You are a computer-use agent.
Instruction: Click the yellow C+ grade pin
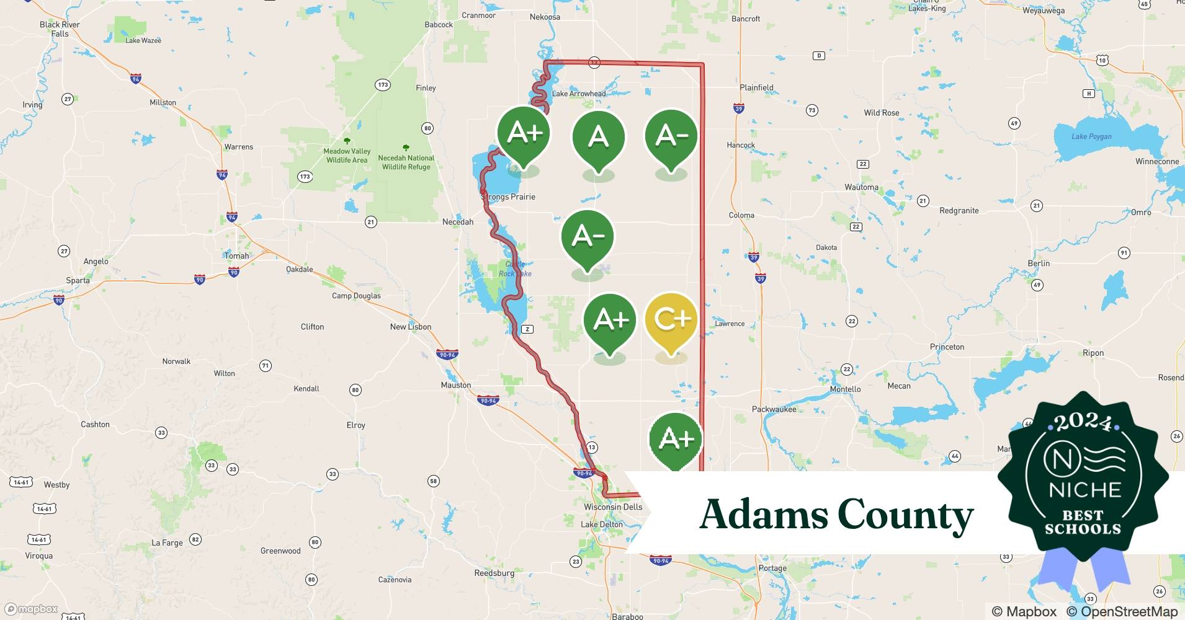pos(671,321)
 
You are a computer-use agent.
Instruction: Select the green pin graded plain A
pos(598,138)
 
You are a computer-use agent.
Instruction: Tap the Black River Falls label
pos(60,29)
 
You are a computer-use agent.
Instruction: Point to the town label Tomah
pos(236,255)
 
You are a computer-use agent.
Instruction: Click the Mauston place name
pos(456,385)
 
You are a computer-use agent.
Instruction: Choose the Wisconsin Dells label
pos(613,507)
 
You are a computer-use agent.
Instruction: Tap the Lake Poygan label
pos(1091,136)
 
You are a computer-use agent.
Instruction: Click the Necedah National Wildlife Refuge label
pos(406,162)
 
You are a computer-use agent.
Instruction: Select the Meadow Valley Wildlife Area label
pos(347,156)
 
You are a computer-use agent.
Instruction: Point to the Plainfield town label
pos(756,87)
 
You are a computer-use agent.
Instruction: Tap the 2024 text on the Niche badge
pos(1083,423)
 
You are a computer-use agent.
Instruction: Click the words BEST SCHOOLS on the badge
pos(1083,522)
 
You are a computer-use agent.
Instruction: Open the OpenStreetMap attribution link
pos(1122,611)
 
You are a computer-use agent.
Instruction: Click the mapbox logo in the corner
pos(32,609)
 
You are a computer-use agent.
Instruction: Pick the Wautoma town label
pos(861,187)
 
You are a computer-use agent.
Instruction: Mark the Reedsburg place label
pos(494,573)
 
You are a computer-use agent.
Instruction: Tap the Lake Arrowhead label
pos(578,94)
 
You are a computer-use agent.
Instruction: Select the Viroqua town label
pos(38,556)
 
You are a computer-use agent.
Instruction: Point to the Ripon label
pos(1093,353)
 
